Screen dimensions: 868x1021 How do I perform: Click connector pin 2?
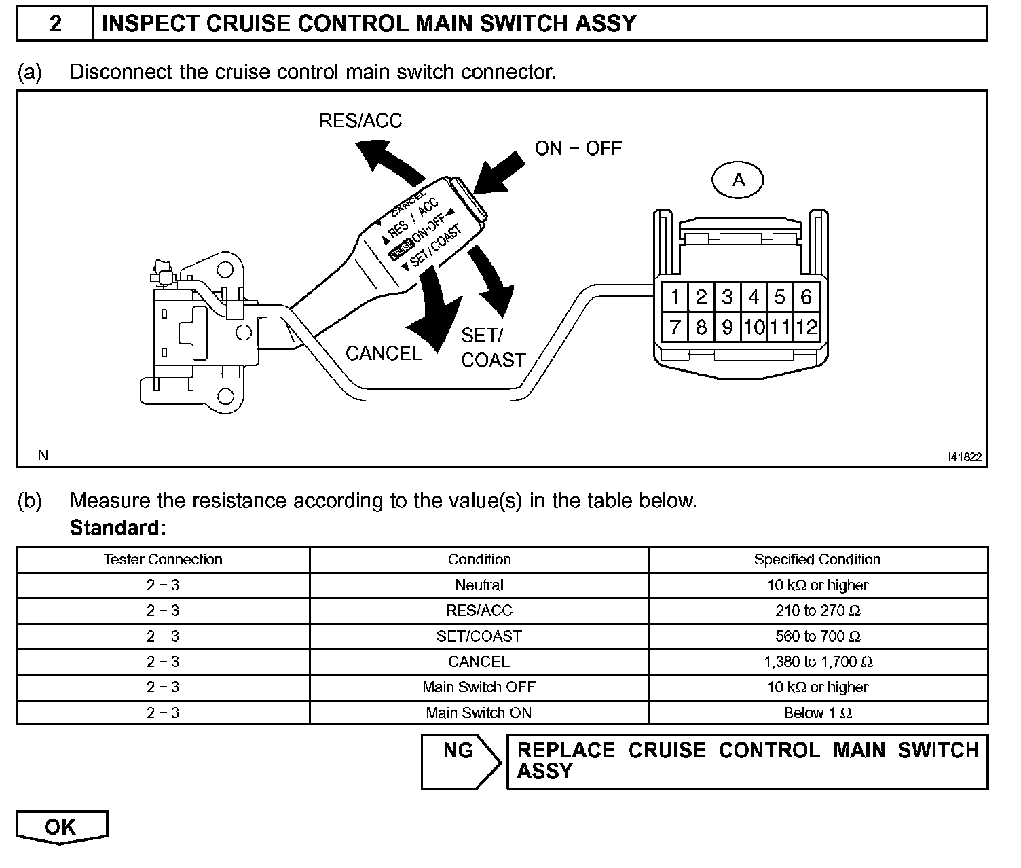(x=701, y=297)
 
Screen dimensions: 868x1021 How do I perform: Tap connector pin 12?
(x=806, y=327)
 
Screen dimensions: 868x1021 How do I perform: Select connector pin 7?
(x=675, y=327)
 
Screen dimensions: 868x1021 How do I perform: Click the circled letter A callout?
(x=738, y=180)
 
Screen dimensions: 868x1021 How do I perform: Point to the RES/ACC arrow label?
(x=360, y=121)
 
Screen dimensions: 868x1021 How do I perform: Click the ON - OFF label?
(x=578, y=149)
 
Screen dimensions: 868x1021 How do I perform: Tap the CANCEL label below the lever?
(x=384, y=353)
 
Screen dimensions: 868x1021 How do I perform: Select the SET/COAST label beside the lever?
(x=493, y=348)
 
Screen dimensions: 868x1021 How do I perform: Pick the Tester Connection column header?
(x=163, y=560)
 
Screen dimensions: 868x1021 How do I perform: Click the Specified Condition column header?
(x=817, y=560)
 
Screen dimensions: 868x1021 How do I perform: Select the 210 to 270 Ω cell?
(x=817, y=611)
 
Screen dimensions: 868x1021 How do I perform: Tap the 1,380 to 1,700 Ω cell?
(x=817, y=662)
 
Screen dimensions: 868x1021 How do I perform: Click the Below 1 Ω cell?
(x=817, y=712)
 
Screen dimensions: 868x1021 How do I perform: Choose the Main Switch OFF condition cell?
(x=479, y=687)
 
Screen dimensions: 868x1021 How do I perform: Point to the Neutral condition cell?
(x=479, y=585)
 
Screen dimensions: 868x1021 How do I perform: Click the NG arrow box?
(x=460, y=761)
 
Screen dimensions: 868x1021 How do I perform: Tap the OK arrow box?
(x=61, y=827)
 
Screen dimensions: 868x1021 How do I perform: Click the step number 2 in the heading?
(x=55, y=24)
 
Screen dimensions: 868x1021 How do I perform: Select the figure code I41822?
(x=965, y=457)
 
